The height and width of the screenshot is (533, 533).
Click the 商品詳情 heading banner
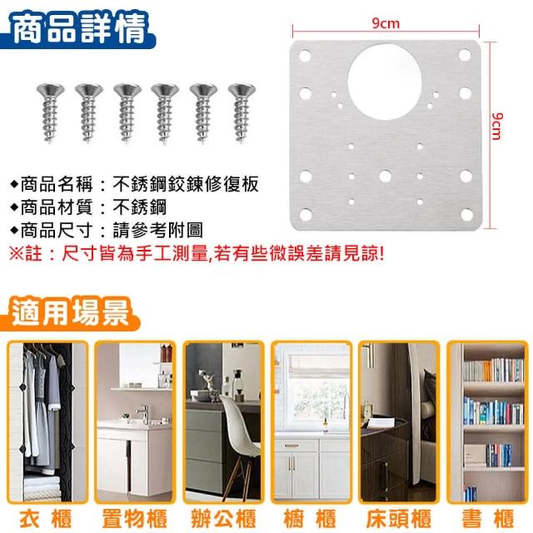pos(77,30)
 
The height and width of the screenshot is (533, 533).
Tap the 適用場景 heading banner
pos(70,313)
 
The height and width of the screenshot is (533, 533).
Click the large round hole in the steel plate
pos(385,82)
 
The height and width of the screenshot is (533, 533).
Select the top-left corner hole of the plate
pos(305,56)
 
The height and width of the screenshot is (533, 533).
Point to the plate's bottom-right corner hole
pos(466,215)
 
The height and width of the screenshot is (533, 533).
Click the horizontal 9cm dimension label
pos(386,24)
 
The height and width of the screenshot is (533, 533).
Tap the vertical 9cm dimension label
pos(496,126)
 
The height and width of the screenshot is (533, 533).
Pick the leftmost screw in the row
pos(50,113)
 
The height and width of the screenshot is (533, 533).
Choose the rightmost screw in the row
pos(242,113)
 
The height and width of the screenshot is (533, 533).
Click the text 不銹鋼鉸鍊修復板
pos(186,184)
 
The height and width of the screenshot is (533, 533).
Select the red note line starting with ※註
pos(197,253)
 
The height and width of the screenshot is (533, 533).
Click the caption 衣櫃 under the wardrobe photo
pos(46,519)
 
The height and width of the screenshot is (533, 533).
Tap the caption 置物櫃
pos(135,519)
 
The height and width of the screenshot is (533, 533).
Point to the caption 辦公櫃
pos(223,519)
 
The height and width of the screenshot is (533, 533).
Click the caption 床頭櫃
pos(399,519)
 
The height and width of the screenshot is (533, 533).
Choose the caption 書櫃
pos(488,519)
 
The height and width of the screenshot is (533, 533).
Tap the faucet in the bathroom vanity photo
pos(143,414)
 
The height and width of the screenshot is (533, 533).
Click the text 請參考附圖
pos(157,231)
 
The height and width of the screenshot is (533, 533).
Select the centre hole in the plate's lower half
pos(385,176)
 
